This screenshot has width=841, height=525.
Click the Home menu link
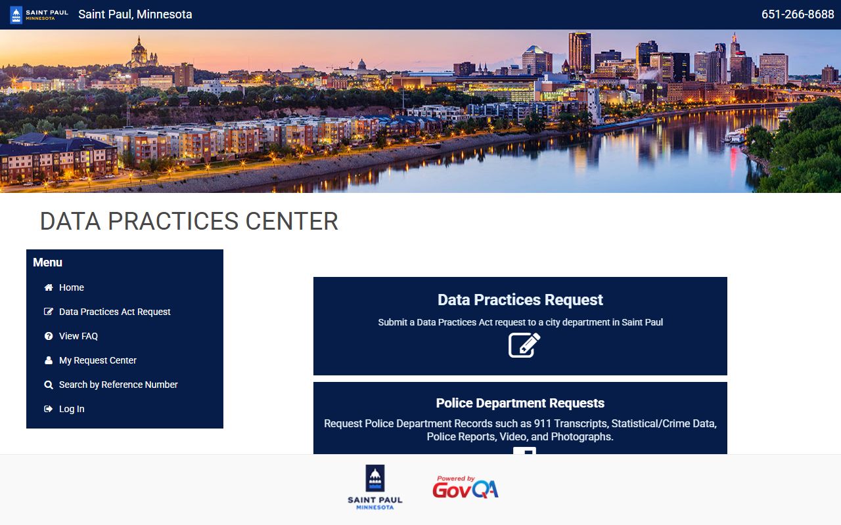[71, 287]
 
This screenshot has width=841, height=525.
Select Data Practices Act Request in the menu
[114, 312]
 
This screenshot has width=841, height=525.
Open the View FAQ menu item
[78, 336]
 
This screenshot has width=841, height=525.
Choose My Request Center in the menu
[97, 360]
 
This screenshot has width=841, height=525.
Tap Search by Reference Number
[118, 385]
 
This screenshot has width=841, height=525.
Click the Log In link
[72, 409]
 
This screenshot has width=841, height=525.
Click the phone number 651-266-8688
[797, 14]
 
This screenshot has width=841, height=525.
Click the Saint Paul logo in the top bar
[39, 14]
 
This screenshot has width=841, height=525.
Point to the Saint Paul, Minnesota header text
[135, 14]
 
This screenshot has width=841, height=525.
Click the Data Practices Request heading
[520, 300]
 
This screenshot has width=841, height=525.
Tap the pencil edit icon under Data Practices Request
[524, 345]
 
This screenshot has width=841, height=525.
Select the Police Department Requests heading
[520, 403]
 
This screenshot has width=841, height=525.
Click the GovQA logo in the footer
[465, 488]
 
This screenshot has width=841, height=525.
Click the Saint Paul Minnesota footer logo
[375, 488]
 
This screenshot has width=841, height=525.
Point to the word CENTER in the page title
[292, 222]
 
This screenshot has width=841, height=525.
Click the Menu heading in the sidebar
[47, 262]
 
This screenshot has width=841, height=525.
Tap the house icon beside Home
[49, 287]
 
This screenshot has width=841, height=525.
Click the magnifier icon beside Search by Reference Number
[49, 385]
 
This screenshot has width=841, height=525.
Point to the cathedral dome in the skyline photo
[139, 51]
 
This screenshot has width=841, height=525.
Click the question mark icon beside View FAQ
[49, 336]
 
